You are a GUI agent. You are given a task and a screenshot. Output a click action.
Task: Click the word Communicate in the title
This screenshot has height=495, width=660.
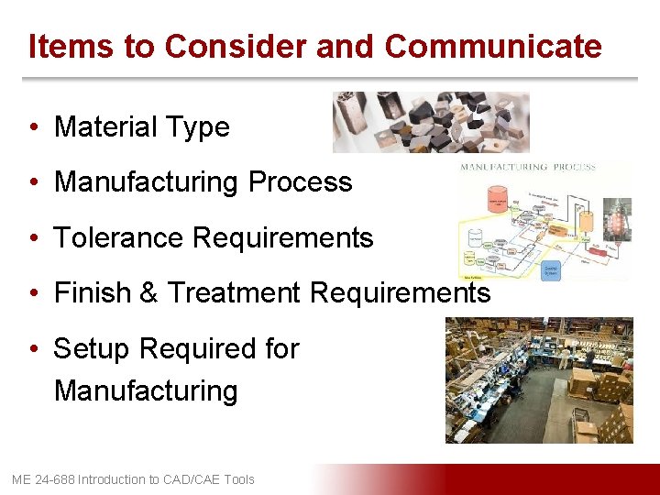pos(493,46)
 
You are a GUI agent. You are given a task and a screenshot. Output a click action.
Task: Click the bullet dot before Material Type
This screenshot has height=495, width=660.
pos(33,127)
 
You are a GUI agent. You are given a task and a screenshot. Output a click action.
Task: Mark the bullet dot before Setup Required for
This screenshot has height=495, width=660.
pos(33,349)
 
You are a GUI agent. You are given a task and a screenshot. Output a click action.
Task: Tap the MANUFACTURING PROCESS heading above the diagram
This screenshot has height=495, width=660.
pos(527,168)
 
